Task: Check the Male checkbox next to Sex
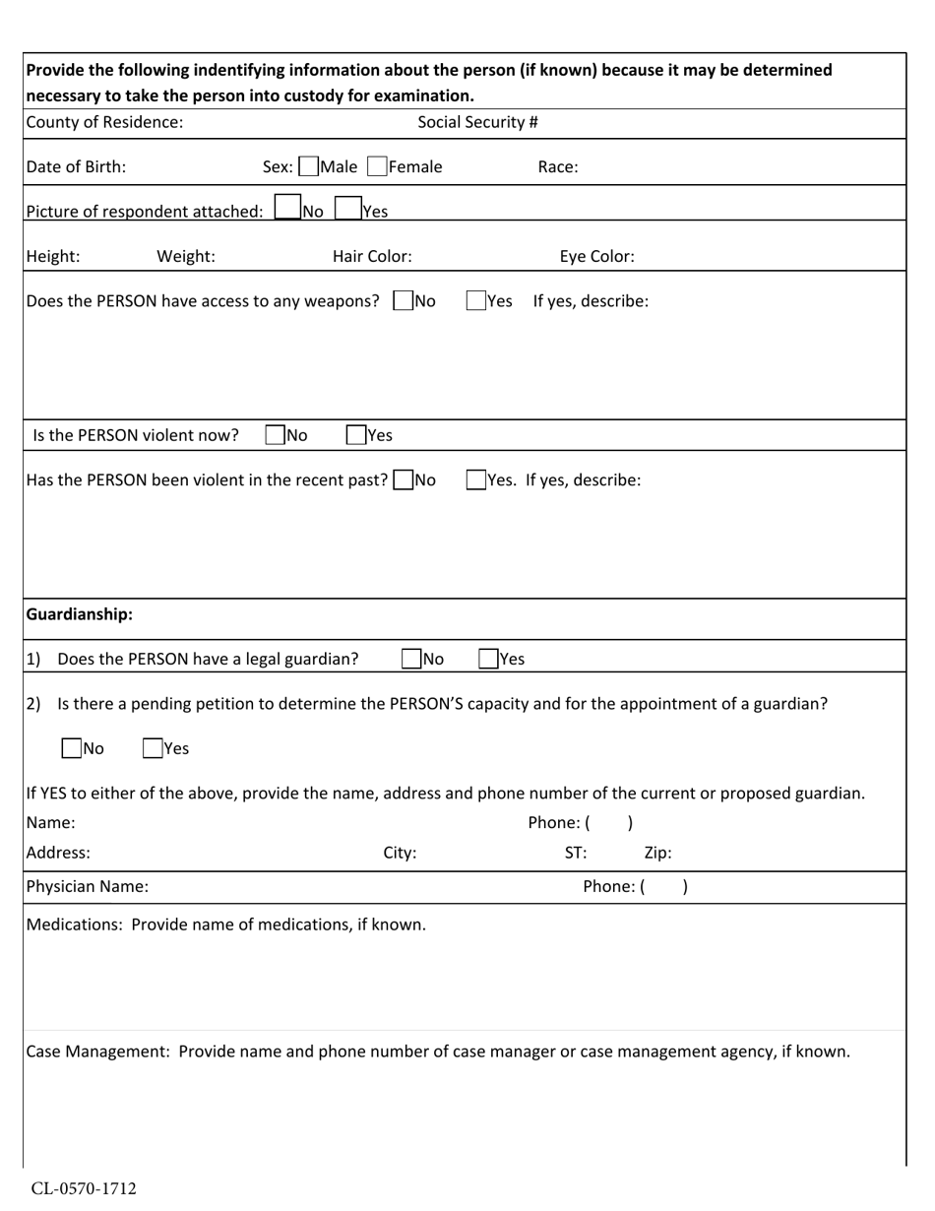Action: coord(308,167)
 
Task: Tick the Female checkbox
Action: coord(377,167)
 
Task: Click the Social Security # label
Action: coord(477,122)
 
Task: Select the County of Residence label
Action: coord(104,122)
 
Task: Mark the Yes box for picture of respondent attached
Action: coord(347,209)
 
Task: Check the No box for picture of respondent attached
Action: coord(287,209)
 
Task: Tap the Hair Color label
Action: coord(372,257)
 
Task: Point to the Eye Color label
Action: coord(596,257)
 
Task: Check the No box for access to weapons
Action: coord(403,301)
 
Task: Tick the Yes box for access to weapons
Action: coord(476,301)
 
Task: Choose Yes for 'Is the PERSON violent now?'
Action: coord(356,435)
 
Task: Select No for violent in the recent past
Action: coord(403,480)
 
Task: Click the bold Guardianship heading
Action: coord(79,614)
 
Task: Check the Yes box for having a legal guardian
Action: coord(488,660)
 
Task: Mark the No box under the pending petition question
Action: coord(72,748)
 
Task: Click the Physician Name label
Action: coord(88,886)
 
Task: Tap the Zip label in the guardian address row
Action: coord(657,854)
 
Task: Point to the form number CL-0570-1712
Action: coord(84,1188)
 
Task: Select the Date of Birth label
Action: coord(76,167)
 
